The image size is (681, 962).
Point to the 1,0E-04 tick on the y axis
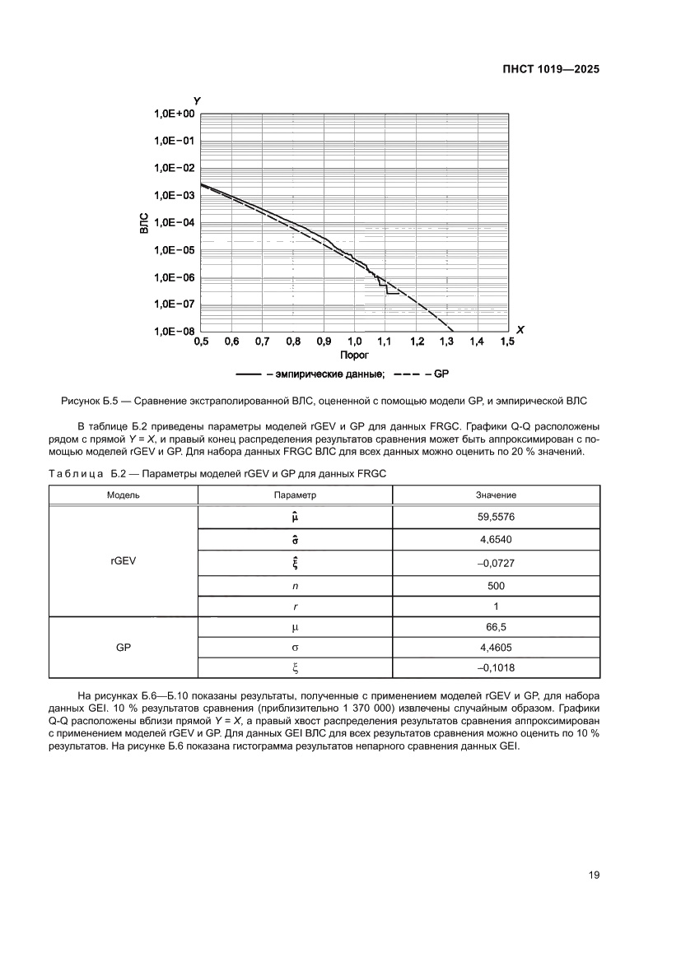pyautogui.click(x=173, y=222)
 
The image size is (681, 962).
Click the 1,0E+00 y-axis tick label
pyautogui.click(x=173, y=114)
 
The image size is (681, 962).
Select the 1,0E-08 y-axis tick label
pyautogui.click(x=173, y=331)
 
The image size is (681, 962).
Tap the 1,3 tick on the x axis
pyautogui.click(x=447, y=341)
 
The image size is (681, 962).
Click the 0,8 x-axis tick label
pyautogui.click(x=292, y=341)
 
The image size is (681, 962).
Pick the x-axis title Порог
pyautogui.click(x=354, y=356)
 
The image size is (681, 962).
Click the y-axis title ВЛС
pyautogui.click(x=145, y=223)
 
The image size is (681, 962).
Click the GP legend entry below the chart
pyautogui.click(x=441, y=374)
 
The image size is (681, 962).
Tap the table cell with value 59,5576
pyautogui.click(x=496, y=517)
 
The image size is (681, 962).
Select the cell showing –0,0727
pyautogui.click(x=496, y=563)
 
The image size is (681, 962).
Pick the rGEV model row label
pyautogui.click(x=124, y=563)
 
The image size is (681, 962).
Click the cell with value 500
pyautogui.click(x=496, y=586)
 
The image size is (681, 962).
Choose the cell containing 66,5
pyautogui.click(x=496, y=626)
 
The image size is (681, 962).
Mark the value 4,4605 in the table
pyautogui.click(x=496, y=648)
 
